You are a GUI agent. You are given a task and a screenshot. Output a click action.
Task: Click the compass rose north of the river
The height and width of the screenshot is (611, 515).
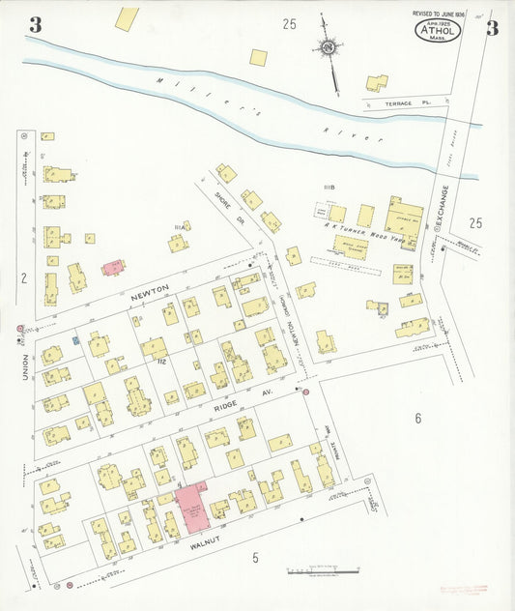(330, 46)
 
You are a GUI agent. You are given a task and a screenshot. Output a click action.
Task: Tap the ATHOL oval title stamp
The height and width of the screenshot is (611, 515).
(438, 30)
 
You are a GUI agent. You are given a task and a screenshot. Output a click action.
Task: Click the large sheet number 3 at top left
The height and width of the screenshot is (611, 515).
(35, 25)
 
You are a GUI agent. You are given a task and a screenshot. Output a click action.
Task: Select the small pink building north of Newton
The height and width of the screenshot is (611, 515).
(113, 267)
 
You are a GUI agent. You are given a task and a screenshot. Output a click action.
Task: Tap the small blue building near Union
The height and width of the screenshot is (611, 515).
(76, 340)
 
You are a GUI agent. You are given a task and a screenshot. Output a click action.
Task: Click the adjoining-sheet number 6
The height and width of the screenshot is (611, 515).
(418, 419)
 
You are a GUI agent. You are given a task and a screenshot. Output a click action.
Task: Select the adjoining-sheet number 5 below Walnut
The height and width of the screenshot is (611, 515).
(256, 557)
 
